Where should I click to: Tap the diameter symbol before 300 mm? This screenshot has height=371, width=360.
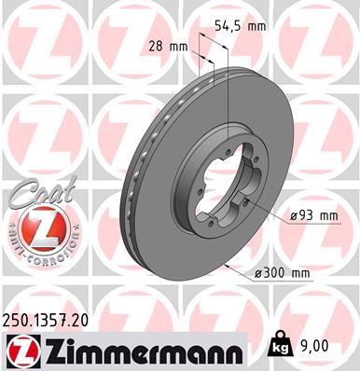tap(258, 273)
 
